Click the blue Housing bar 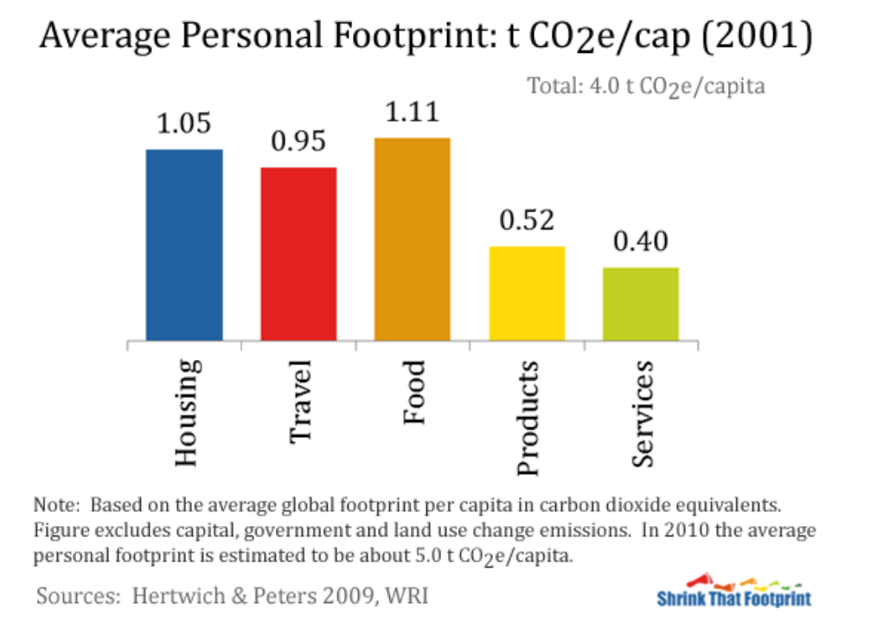(x=184, y=245)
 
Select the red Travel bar (x=298, y=254)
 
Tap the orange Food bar (x=412, y=239)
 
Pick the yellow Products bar (x=527, y=293)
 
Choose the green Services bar (x=641, y=304)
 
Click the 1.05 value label (x=184, y=123)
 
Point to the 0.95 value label (x=298, y=141)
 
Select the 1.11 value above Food (x=412, y=112)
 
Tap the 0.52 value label (x=527, y=220)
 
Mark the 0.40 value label (x=641, y=241)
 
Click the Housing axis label (x=187, y=412)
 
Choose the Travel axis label (x=300, y=401)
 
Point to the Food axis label (x=413, y=392)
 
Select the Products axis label (x=528, y=418)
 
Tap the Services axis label (x=642, y=414)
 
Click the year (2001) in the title (x=757, y=35)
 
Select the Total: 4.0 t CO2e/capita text (x=646, y=87)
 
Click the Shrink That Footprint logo (x=733, y=591)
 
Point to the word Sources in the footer (x=78, y=595)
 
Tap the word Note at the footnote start (x=56, y=504)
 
